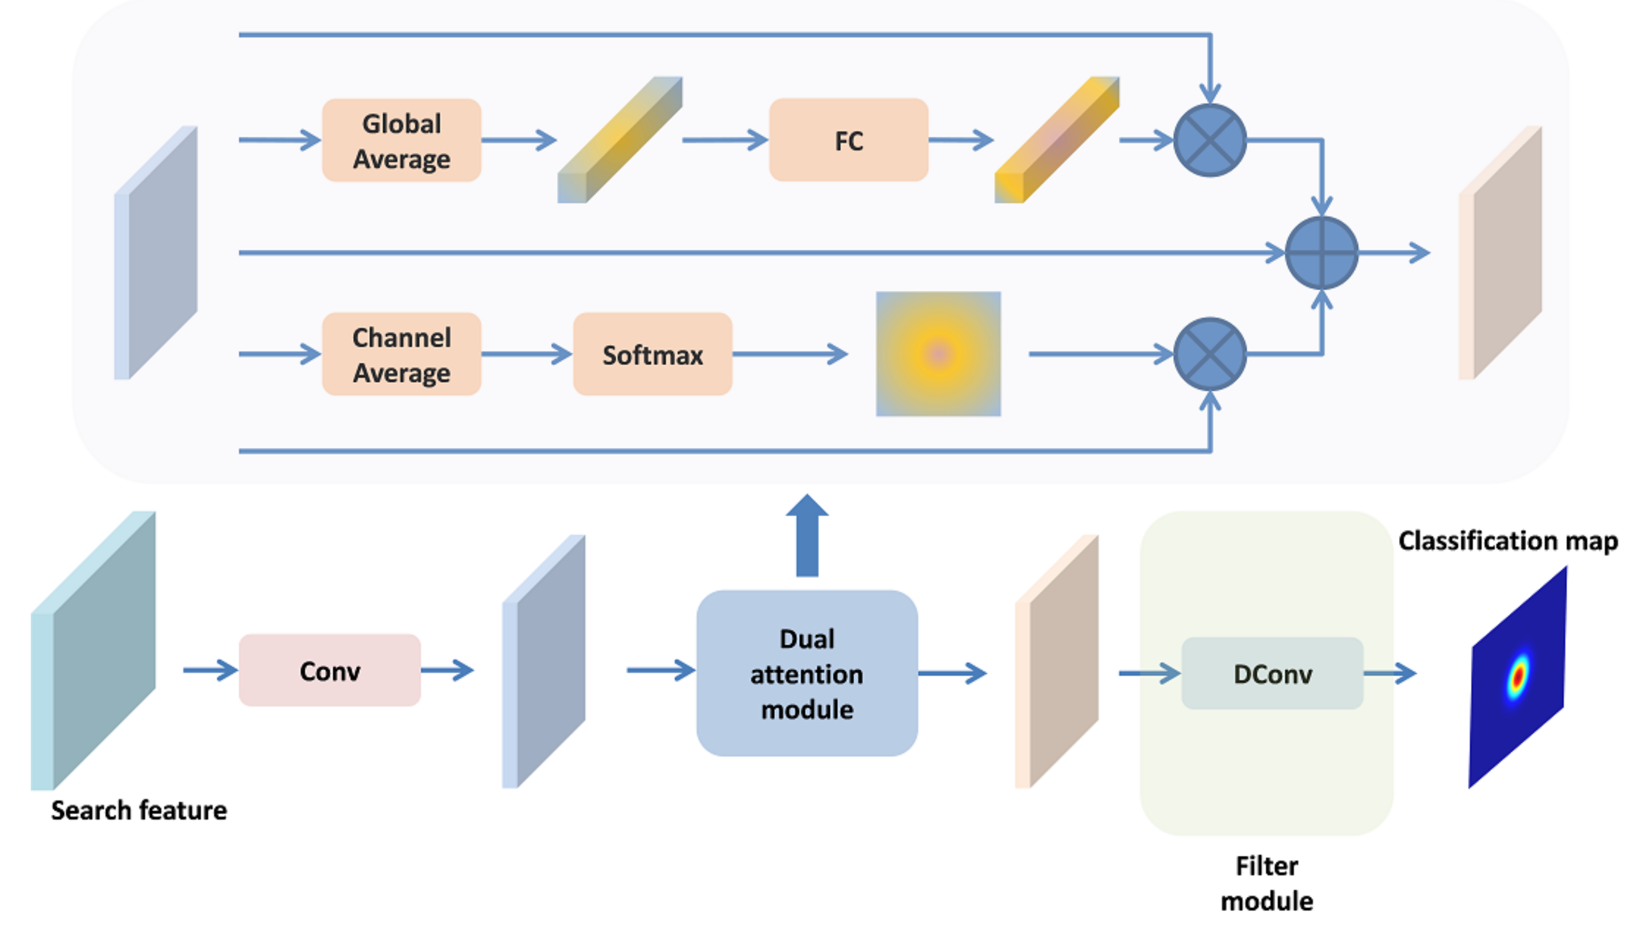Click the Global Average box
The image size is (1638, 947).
coord(401,140)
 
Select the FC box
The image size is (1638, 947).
coord(848,140)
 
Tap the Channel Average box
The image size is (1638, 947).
coord(401,354)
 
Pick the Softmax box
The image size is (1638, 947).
coord(652,354)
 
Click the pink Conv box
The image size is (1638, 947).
coord(330,670)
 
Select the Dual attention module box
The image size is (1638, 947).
coord(806,673)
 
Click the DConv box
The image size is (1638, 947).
coord(1271,673)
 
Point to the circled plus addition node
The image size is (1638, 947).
coord(1321,253)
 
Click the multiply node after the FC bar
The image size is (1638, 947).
coord(1209,140)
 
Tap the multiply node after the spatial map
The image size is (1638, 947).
coord(1209,354)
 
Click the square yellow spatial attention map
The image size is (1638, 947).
coord(938,354)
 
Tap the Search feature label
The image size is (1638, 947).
coord(139,811)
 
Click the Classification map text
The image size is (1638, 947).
coord(1508,541)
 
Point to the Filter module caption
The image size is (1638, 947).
coord(1266,884)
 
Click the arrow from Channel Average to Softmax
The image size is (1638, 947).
coord(526,354)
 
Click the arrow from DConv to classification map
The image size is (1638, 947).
coord(1390,673)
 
